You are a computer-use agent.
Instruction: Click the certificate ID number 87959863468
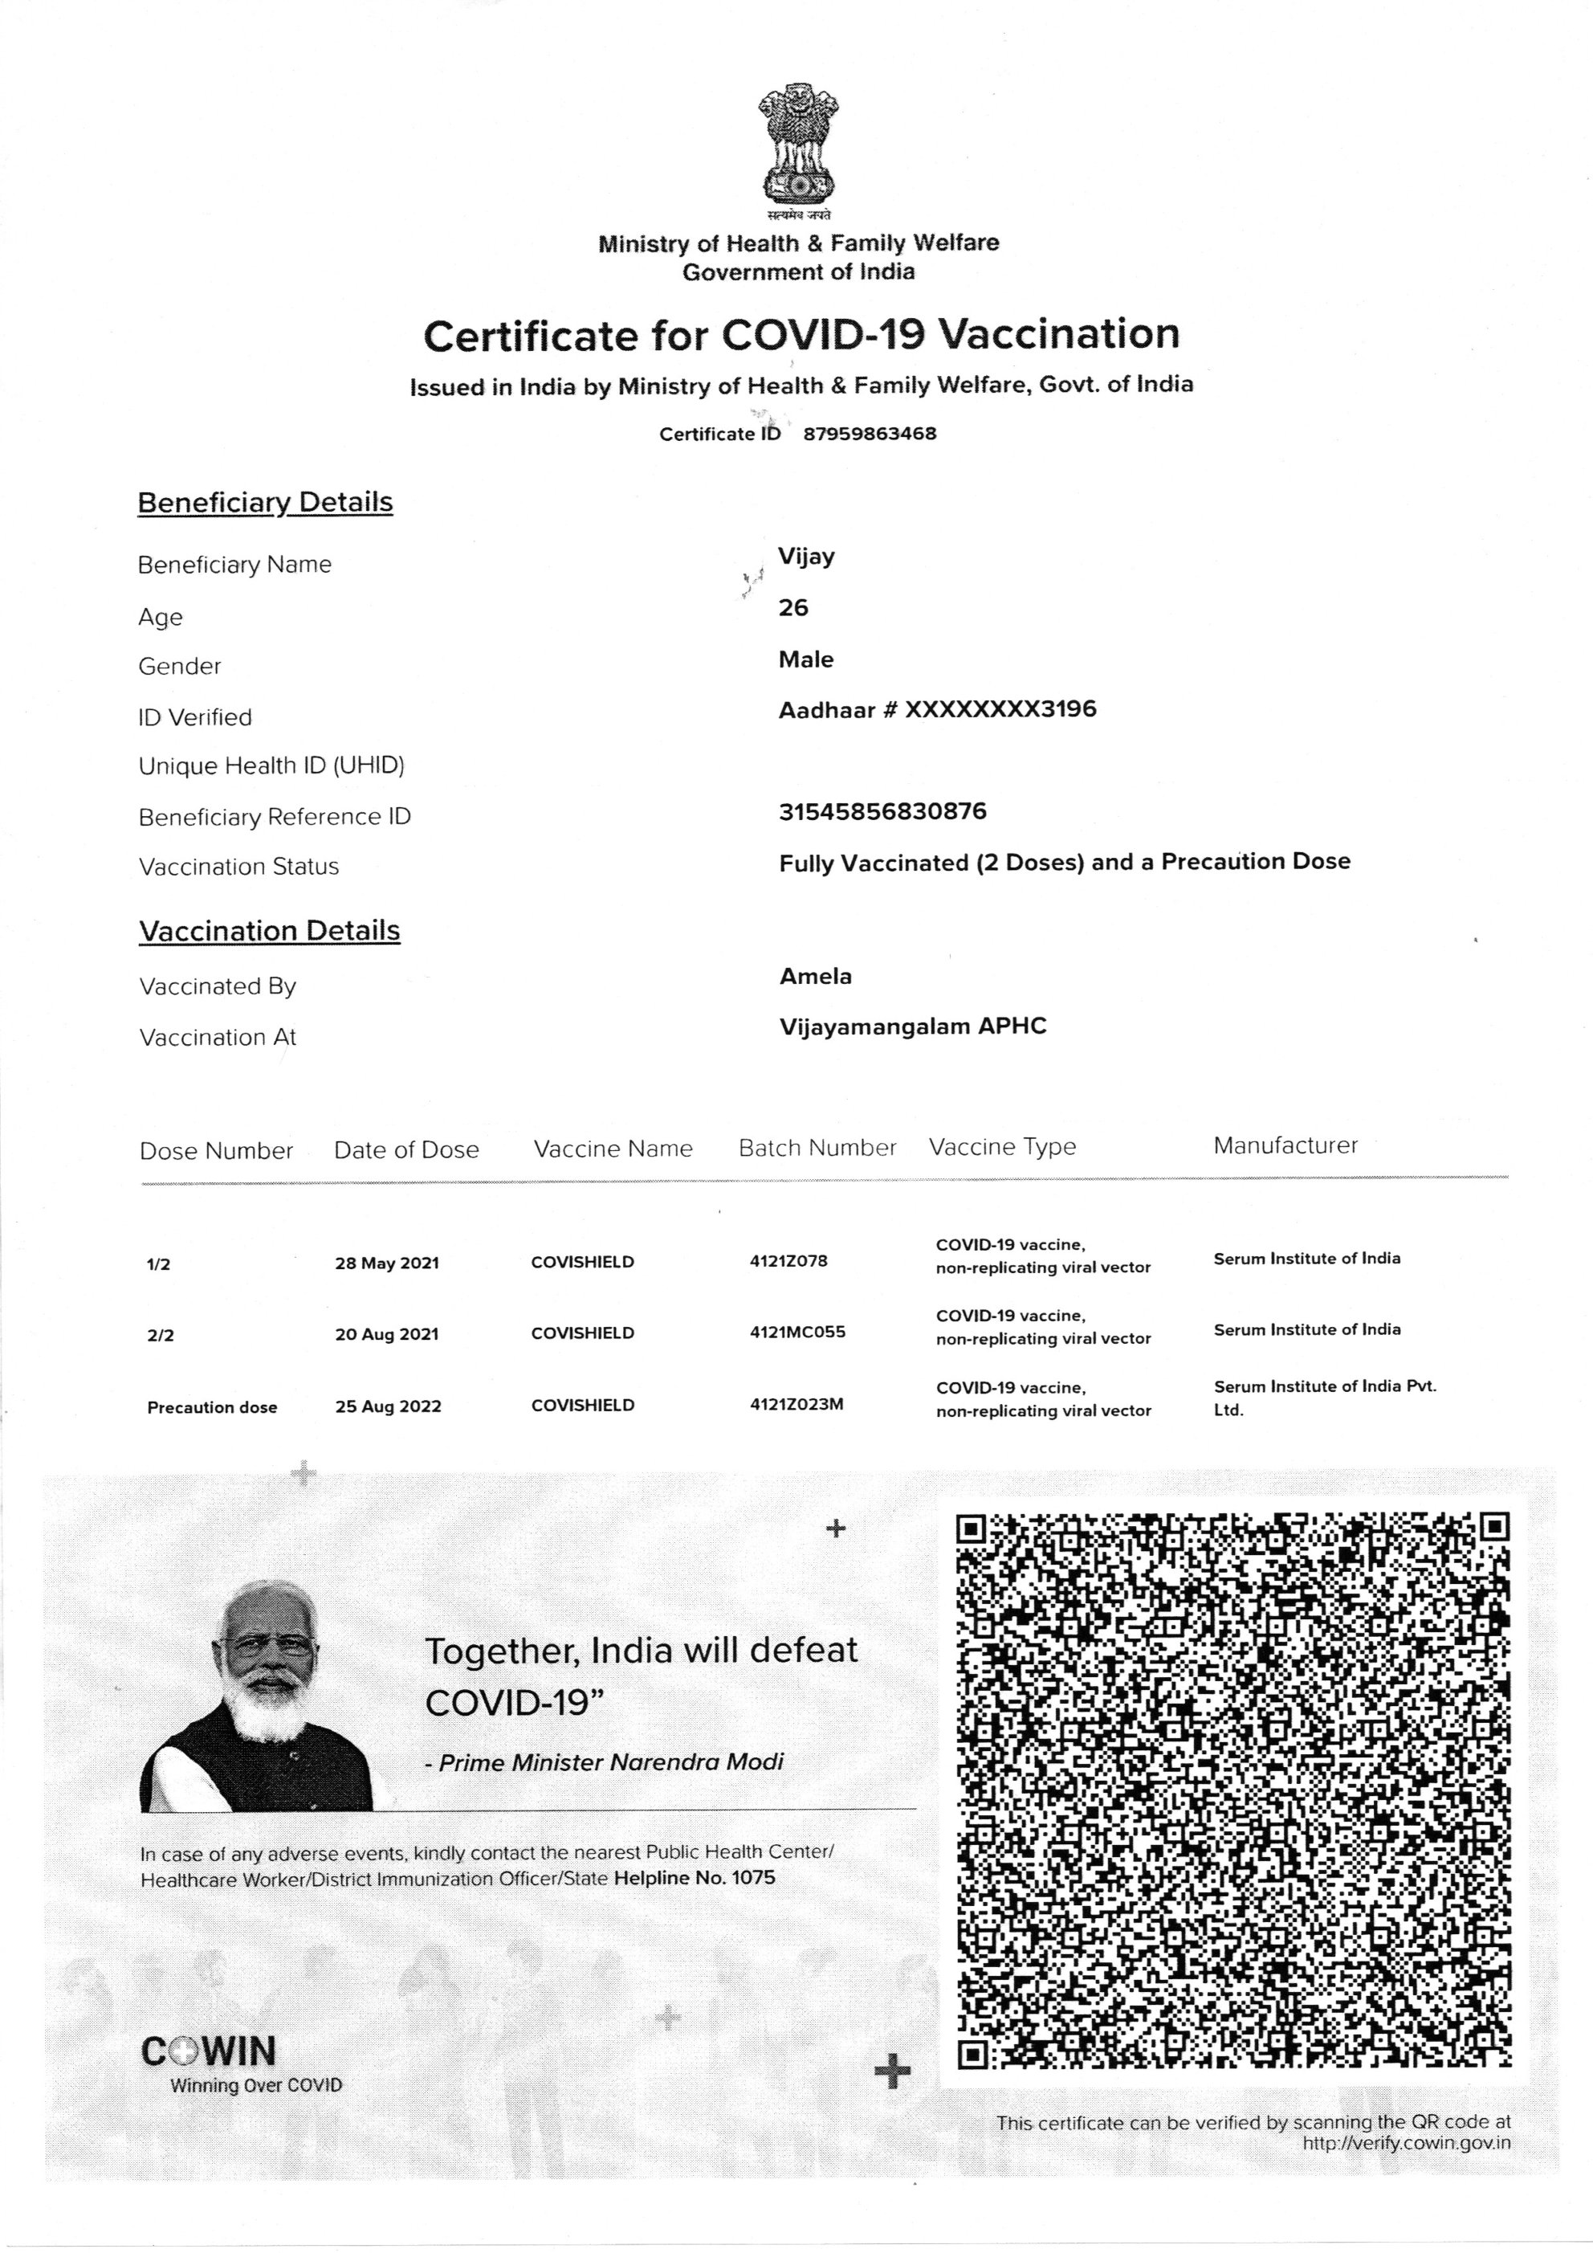tap(869, 434)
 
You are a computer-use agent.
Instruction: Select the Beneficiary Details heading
tap(265, 503)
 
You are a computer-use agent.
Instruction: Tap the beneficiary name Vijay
tap(806, 557)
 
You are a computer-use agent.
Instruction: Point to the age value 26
tap(792, 608)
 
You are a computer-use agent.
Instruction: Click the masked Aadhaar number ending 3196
tap(1000, 709)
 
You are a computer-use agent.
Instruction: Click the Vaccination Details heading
tap(270, 930)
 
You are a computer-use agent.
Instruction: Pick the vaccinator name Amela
tap(815, 977)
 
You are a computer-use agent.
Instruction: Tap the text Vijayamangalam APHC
tap(912, 1027)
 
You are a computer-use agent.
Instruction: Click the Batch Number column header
tap(817, 1148)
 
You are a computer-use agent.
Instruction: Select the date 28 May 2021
tap(386, 1263)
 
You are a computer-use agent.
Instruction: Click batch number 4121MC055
tap(796, 1333)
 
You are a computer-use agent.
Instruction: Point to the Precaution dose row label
tap(212, 1407)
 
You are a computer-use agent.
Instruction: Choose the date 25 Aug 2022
tap(388, 1406)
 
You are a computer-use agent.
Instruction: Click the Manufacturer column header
tap(1285, 1145)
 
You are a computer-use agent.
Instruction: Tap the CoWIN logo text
tap(209, 2052)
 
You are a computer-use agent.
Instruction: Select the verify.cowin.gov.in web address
tap(1406, 2143)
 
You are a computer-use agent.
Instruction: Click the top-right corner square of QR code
tap(1494, 1527)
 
